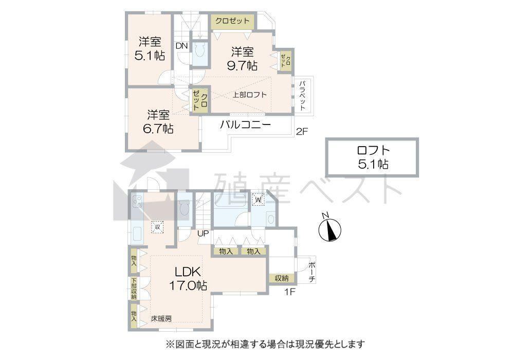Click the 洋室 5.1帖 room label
150,48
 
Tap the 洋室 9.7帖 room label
242,59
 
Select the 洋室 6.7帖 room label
158,122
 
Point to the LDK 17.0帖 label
188,278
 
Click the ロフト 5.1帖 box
372,157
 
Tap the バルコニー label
245,125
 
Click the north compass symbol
330,228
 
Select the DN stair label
181,46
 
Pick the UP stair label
203,233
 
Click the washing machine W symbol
259,199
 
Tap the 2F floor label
302,132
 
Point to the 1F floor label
290,291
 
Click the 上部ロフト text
249,95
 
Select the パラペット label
302,96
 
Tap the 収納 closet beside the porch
282,278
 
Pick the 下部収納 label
134,289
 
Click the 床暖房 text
161,318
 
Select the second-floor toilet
199,52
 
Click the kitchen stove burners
137,201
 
